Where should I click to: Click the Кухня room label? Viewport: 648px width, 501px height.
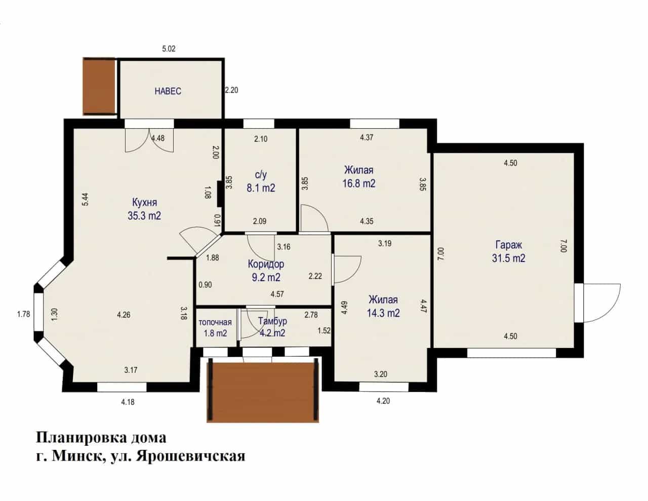(145, 203)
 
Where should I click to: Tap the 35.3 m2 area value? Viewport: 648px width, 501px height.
(144, 215)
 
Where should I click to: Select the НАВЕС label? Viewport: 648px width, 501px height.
(168, 91)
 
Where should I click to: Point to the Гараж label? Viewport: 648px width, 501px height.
(509, 245)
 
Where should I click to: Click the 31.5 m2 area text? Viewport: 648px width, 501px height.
(509, 258)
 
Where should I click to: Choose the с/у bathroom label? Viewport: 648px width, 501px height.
(261, 175)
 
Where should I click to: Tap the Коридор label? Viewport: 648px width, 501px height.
(266, 264)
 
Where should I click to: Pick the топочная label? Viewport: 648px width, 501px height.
(215, 322)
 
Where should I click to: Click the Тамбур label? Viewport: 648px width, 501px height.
(272, 321)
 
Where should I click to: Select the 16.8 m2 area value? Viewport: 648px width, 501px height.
(359, 183)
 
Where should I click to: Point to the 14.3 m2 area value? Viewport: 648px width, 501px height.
(383, 313)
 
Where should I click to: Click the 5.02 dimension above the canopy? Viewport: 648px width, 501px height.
(169, 49)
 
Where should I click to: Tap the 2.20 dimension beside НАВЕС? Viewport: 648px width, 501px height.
(231, 90)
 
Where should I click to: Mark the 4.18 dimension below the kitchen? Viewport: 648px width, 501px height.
(128, 402)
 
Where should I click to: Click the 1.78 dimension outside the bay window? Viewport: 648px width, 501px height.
(24, 314)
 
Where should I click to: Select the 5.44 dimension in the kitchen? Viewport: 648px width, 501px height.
(85, 200)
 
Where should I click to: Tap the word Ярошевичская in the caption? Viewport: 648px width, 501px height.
(190, 456)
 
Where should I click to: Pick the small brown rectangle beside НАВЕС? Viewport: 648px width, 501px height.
(99, 86)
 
